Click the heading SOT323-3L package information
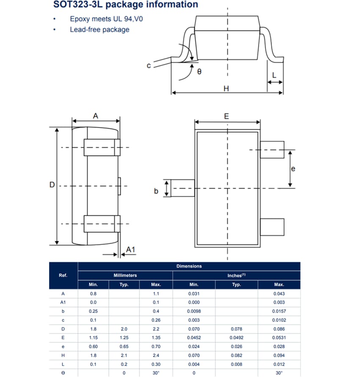(125, 5)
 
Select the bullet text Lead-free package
(100, 30)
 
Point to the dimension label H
(226, 89)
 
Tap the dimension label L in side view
(274, 76)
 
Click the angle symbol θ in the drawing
(199, 72)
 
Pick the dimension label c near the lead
(149, 66)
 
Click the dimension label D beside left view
(52, 185)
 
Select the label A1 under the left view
(131, 250)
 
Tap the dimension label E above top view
(227, 116)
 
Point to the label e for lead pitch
(293, 169)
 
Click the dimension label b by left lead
(156, 191)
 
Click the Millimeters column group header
(125, 275)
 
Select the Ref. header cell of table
(63, 275)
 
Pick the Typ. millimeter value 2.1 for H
(124, 355)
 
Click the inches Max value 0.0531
(279, 338)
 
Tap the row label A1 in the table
(63, 302)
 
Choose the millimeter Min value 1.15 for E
(93, 338)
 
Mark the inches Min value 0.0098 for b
(194, 311)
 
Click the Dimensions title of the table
(189, 266)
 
